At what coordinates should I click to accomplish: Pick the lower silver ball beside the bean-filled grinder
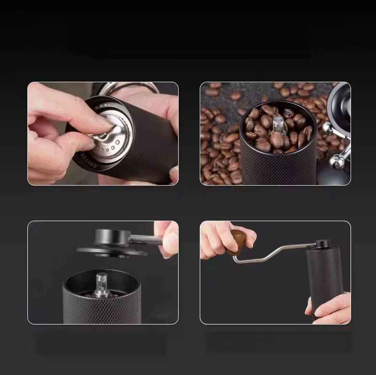point(339,162)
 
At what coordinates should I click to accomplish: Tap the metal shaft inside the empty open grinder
point(101,283)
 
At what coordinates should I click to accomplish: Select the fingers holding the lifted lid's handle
point(167,237)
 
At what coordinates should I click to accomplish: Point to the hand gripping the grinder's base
point(331,308)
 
